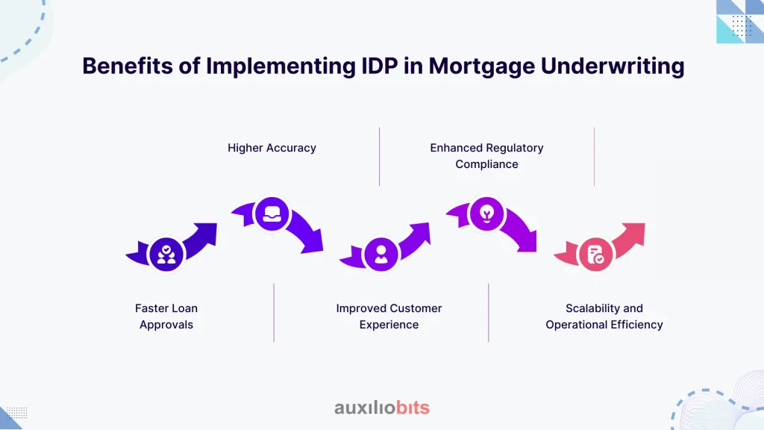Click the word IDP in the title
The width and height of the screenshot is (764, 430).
pos(380,66)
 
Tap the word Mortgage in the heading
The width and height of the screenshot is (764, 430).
pos(481,66)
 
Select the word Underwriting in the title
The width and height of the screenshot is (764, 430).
pos(613,66)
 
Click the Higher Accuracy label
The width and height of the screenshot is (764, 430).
pos(272,148)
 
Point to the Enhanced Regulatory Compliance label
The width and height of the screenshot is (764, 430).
pos(486,156)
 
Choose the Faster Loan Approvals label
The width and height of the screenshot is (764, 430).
pos(166,317)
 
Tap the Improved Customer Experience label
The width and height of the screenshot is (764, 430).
pos(389,317)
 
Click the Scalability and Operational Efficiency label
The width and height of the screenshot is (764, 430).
pos(604,317)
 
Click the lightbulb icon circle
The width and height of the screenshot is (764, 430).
pos(486,214)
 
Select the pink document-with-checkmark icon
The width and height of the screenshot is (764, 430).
pos(595,255)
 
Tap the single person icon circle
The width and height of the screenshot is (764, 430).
pos(381,254)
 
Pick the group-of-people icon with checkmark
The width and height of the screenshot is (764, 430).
pos(166,254)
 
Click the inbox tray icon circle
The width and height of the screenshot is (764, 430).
pos(272,214)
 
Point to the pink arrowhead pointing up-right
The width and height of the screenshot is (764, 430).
pos(634,233)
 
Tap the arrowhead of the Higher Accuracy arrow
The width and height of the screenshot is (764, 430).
pos(312,243)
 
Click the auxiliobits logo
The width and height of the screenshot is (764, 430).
pos(382,408)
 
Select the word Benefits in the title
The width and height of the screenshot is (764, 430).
pos(127,66)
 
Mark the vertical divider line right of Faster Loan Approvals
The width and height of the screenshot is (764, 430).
pos(274,313)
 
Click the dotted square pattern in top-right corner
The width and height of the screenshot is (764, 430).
pos(742,26)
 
